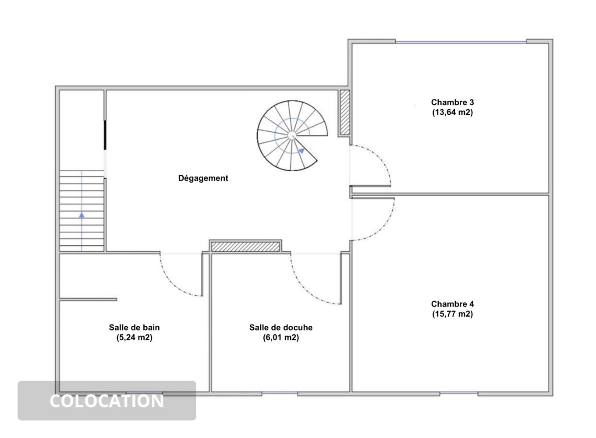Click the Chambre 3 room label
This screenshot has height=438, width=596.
[x=452, y=102]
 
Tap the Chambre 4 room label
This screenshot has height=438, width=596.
[x=452, y=304]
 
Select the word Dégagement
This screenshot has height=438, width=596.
[x=203, y=178]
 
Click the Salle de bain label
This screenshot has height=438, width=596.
[x=135, y=327]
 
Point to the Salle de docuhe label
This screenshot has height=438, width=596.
[x=281, y=327]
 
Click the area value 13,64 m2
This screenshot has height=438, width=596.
[x=452, y=113]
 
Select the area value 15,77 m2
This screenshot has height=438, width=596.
[x=452, y=314]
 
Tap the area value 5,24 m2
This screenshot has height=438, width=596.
[x=135, y=337]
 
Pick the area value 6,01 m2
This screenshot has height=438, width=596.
[x=281, y=337]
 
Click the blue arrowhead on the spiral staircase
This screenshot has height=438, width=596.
[x=302, y=151]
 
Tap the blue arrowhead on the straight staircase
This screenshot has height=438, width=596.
[x=82, y=215]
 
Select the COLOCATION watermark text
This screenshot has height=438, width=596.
[x=106, y=401]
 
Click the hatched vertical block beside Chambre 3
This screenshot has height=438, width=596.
[x=345, y=113]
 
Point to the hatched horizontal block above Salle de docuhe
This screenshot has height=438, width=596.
[x=245, y=247]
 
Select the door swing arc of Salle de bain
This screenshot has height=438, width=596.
[x=170, y=283]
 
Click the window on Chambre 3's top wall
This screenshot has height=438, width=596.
[x=461, y=42]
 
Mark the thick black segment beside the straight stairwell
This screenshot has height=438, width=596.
[x=105, y=135]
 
